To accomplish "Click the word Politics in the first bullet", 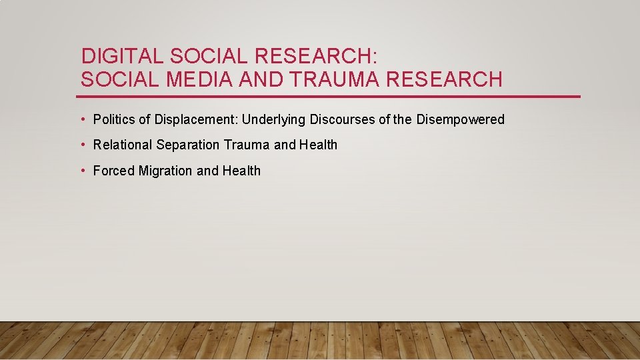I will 114,120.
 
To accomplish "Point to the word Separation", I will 187,145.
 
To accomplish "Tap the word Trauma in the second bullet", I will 247,145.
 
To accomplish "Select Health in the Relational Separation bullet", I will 318,145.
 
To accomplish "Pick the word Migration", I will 165,171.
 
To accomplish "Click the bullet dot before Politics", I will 83,120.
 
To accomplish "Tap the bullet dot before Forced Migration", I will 83,171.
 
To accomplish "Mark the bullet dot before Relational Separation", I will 83,145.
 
